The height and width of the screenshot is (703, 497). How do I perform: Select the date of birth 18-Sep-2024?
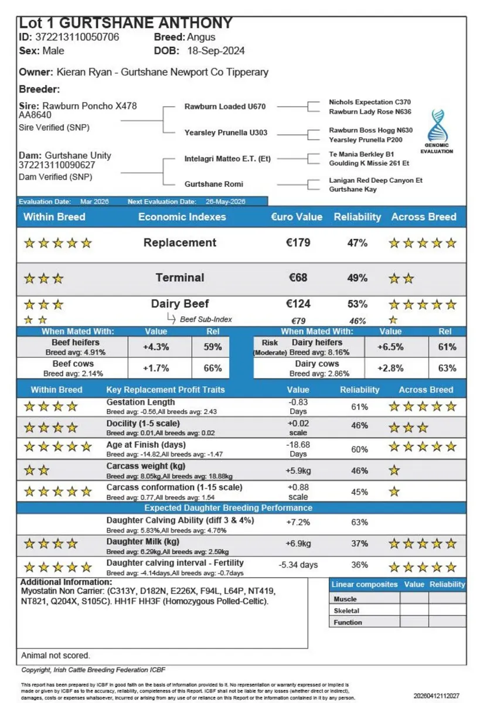[216, 50]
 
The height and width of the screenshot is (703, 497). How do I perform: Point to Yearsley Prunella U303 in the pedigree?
[226, 132]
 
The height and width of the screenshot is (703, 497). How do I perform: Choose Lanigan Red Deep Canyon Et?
[376, 180]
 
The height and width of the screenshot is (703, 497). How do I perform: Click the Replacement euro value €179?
[298, 243]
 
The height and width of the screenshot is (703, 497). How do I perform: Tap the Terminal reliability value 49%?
[357, 278]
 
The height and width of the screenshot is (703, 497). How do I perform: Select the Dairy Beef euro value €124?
[298, 304]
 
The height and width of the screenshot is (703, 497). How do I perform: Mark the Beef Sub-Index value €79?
[298, 320]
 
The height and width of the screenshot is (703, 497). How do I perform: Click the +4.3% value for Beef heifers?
[156, 347]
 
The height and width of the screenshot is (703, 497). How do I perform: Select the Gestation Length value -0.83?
[298, 402]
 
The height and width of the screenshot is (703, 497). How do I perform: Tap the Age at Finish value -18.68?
[298, 445]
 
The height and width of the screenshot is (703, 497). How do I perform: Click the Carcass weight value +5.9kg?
[298, 470]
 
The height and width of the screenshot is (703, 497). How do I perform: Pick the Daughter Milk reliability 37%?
[359, 544]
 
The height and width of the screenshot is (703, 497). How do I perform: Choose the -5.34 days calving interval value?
[298, 565]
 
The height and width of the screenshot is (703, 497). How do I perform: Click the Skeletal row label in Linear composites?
[346, 610]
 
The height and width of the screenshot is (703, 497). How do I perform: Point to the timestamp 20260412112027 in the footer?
[437, 696]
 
